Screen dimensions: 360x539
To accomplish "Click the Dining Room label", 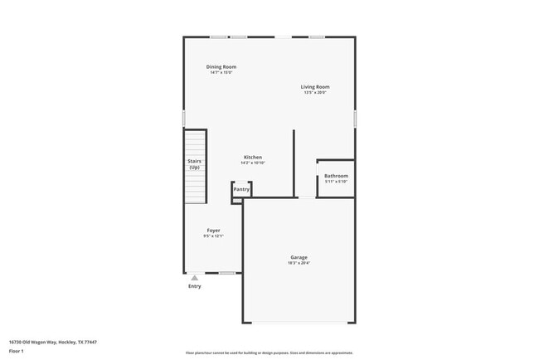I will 221,66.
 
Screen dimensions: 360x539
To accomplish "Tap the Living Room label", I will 315,86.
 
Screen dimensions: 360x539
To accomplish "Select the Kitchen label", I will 253,157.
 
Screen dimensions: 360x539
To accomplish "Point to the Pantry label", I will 241,189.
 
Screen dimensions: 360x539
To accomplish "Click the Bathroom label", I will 336,176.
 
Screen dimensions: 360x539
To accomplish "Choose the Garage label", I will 299,257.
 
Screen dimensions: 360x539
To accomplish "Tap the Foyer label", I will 213,230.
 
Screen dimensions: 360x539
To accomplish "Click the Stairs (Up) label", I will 194,164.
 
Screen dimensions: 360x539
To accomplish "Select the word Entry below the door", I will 194,286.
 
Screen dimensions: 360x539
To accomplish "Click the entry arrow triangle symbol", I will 194,278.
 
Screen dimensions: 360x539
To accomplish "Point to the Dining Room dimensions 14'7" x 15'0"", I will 221,73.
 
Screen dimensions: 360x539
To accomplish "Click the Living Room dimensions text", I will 315,92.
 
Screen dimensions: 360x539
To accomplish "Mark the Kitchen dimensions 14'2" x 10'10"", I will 253,163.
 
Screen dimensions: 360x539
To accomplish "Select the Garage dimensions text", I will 299,263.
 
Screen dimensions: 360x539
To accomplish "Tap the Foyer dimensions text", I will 213,236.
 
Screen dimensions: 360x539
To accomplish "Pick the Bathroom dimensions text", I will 336,182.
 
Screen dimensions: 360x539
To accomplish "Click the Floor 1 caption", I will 16,351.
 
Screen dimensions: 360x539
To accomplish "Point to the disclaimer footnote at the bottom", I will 269,353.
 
